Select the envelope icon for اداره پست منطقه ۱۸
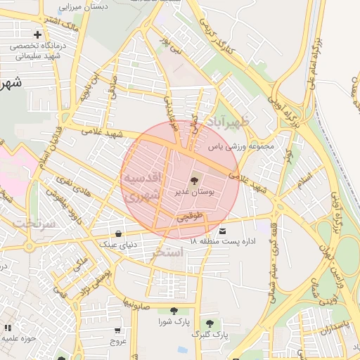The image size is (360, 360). coord(223,231)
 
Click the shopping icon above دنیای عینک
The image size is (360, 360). coord(117,233)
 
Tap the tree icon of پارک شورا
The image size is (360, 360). coord(173,311)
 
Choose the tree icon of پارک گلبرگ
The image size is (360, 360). coord(209,323)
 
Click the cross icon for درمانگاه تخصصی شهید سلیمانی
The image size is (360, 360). coord(37,34)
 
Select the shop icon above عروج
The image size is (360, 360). coord(117,330)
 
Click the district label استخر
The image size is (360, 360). coord(168,251)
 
